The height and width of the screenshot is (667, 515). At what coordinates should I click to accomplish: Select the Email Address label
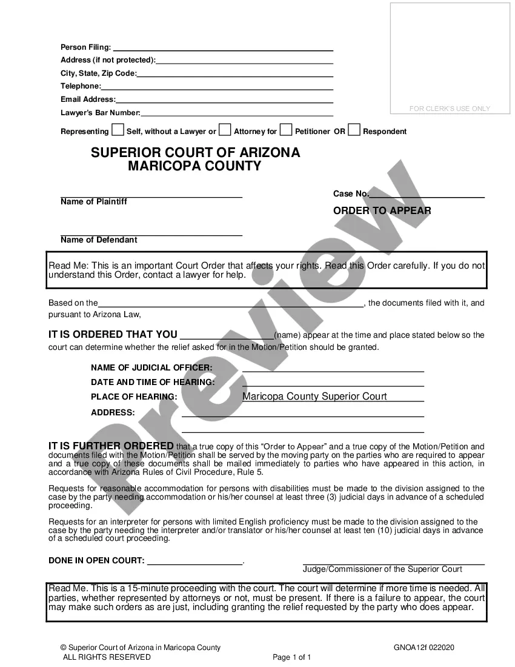pos(87,99)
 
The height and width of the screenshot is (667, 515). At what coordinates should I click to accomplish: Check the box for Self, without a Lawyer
pos(118,130)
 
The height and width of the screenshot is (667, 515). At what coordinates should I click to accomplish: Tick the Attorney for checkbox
pos(225,130)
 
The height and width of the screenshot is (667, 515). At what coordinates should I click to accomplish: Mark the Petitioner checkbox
pos(286,130)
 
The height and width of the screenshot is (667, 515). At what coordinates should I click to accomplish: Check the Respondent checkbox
pos(354,130)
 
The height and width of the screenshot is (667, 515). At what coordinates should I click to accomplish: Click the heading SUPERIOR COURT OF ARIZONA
pos(195,153)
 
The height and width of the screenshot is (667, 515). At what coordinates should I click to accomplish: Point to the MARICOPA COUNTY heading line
pos(194,166)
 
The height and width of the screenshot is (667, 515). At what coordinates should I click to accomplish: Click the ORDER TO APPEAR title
pos(382,211)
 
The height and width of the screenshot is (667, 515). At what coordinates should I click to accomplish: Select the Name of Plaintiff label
pos(94,202)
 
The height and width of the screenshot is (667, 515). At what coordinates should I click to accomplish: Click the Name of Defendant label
pos(99,240)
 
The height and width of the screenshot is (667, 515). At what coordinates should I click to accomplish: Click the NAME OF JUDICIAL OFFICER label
pos(151,368)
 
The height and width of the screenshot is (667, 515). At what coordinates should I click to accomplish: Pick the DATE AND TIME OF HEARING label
pos(153,383)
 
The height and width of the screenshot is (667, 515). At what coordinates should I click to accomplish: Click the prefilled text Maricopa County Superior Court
pos(314,397)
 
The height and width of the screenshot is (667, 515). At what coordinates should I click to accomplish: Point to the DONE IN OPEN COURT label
pos(96,561)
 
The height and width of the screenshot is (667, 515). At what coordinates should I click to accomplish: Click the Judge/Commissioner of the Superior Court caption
pos(382,569)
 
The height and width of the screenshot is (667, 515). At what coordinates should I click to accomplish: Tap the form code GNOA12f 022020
pos(424,648)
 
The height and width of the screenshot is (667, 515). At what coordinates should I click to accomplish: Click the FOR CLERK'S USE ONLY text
pos(450,109)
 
